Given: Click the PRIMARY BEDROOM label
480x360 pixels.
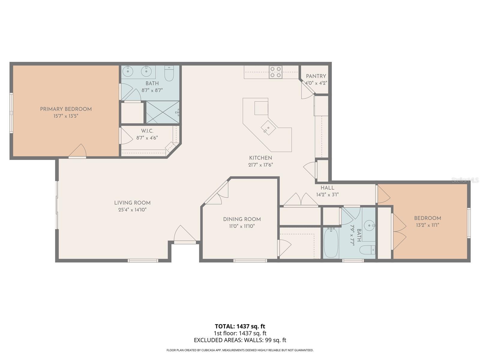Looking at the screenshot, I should click(x=66, y=109).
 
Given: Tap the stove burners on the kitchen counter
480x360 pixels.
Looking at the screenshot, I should click(x=275, y=72).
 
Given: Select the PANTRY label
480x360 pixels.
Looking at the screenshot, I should click(x=316, y=76).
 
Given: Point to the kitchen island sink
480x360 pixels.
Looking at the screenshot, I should click(x=268, y=128).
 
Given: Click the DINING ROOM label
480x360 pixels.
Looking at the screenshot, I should click(x=242, y=219).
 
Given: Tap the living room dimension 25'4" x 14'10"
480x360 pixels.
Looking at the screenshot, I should click(x=132, y=210).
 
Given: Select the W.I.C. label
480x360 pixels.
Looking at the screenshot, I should click(x=147, y=131).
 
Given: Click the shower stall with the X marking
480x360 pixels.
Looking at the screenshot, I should click(x=163, y=112).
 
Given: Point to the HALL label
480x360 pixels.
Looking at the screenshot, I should click(x=327, y=188).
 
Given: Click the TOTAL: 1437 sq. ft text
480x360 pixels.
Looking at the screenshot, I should click(x=240, y=326).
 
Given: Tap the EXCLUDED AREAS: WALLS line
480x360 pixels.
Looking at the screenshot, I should click(x=240, y=340).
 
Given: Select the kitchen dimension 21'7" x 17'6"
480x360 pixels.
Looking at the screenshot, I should click(x=260, y=165).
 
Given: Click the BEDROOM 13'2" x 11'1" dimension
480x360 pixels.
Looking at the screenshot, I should click(x=427, y=225).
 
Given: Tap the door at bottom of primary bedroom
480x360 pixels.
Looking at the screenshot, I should click(x=78, y=152).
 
